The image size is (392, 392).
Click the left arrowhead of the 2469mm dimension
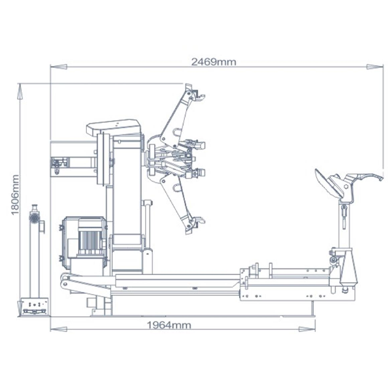(54, 65)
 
